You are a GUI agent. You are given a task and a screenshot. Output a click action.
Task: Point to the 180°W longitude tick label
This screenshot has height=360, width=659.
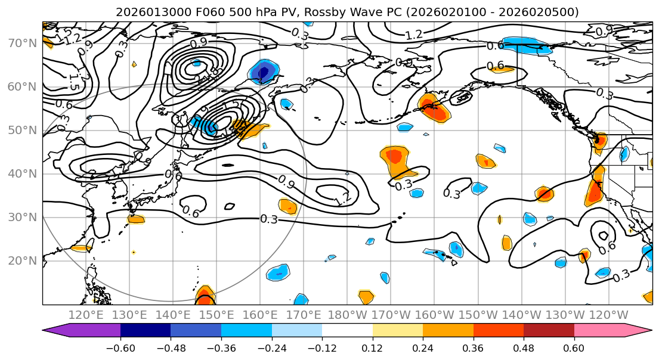[x=346, y=315]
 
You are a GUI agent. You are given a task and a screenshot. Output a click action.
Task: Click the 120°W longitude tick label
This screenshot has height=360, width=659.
[x=608, y=315]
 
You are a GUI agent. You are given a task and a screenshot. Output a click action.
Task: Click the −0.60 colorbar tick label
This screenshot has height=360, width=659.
[x=120, y=347]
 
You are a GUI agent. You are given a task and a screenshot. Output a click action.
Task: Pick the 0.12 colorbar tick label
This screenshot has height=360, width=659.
[x=373, y=347]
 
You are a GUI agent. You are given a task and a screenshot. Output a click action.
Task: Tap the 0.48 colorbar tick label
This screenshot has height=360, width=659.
[x=524, y=347]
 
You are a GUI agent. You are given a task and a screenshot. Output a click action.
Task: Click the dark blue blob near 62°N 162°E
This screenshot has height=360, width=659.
[x=264, y=72]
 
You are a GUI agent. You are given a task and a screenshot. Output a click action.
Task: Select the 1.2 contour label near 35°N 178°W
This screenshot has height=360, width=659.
[x=343, y=199]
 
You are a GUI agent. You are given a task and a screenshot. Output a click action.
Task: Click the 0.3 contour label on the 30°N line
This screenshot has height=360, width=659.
[x=269, y=219]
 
